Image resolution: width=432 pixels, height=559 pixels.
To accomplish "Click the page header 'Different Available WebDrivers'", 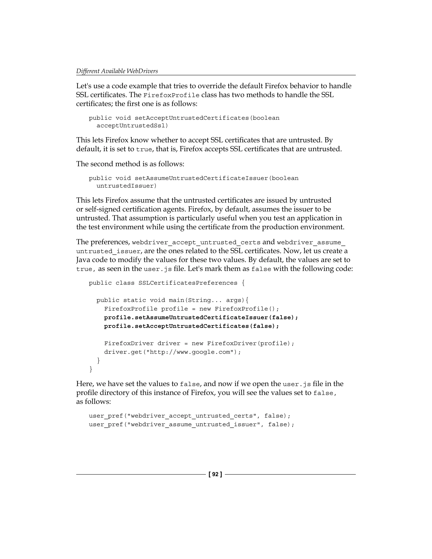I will pyautogui.click(x=117, y=71).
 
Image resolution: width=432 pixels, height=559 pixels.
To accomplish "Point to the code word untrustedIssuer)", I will pyautogui.click(x=126, y=186).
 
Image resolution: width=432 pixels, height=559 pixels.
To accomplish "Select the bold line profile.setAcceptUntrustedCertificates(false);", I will pyautogui.click(x=192, y=326).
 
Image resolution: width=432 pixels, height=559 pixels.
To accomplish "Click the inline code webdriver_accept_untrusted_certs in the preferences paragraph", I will pyautogui.click(x=196, y=242).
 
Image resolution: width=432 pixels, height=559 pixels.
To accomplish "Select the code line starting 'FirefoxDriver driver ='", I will pyautogui.click(x=199, y=343).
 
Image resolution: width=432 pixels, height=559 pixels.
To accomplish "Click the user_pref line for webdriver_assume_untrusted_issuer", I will pyautogui.click(x=192, y=424).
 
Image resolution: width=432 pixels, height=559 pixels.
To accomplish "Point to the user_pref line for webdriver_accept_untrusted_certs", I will pyautogui.click(x=189, y=416).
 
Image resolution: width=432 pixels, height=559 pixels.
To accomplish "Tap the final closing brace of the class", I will pyautogui.click(x=90, y=369).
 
